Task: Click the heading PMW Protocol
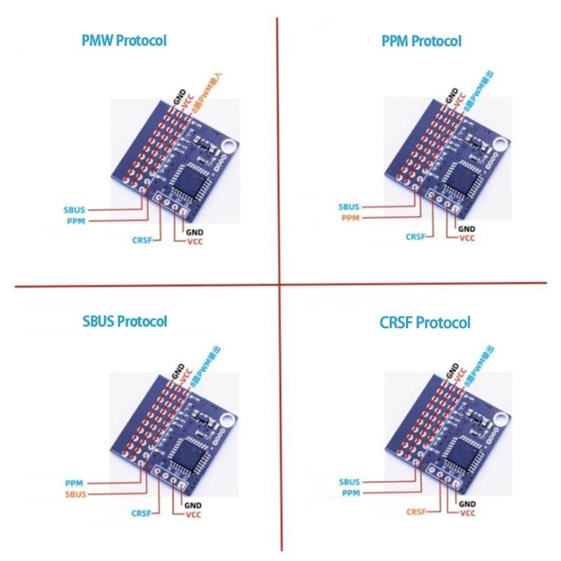(124, 40)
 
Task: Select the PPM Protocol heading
(421, 41)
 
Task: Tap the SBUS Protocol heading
(124, 321)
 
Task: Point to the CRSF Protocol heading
(424, 323)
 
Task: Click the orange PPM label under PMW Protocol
(76, 220)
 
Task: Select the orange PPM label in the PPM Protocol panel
(350, 218)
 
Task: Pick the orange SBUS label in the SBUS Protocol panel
(75, 494)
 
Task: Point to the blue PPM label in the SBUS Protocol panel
(74, 483)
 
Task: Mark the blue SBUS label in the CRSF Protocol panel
(349, 482)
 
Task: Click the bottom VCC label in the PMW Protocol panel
(194, 242)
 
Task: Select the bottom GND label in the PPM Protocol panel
(466, 229)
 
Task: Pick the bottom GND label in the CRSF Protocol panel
(466, 504)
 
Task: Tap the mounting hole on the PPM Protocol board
(499, 145)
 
